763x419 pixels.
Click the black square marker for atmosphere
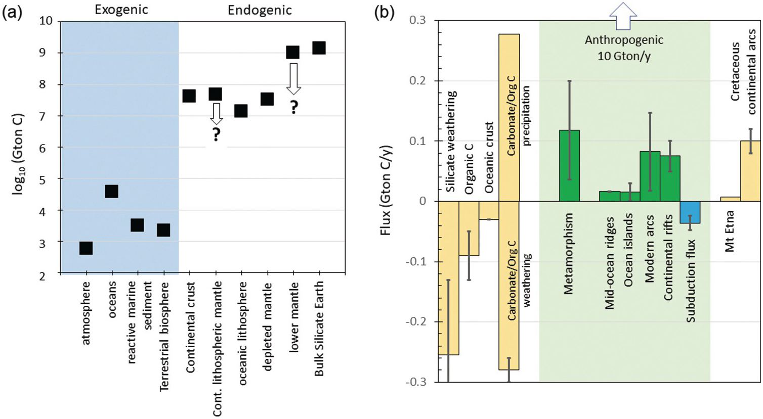coord(86,248)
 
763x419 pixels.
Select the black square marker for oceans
coord(111,191)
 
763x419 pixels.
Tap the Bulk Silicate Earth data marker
coord(319,48)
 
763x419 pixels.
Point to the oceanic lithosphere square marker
coord(241,111)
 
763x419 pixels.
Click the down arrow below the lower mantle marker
coord(293,78)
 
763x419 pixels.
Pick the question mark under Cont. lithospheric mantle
coord(216,134)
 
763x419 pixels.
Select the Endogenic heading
coord(260,10)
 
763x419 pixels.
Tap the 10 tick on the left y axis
coord(46,21)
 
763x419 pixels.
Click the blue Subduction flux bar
coord(690,212)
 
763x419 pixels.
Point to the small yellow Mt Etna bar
coord(730,199)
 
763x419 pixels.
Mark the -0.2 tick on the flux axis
coord(416,322)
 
